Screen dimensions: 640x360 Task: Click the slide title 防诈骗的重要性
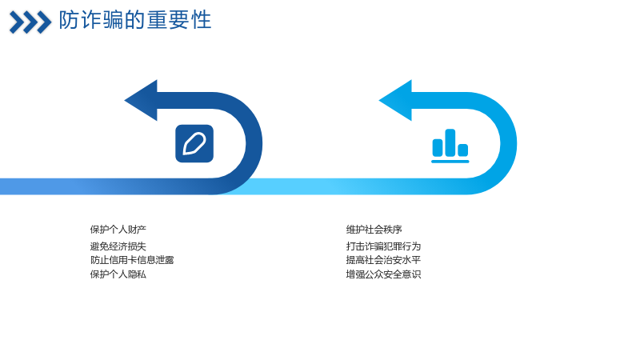pos(135,20)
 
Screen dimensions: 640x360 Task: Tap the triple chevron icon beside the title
pos(30,22)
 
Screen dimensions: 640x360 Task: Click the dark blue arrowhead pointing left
pos(141,101)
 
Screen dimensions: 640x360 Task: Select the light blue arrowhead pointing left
pos(395,101)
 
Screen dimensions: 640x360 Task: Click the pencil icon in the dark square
pos(194,144)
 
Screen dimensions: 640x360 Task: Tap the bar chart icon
pos(450,146)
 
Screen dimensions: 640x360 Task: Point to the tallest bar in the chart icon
pos(450,142)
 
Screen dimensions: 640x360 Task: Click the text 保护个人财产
pos(118,230)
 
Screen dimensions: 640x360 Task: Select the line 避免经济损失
pos(118,246)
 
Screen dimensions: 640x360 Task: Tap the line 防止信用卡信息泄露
pos(132,260)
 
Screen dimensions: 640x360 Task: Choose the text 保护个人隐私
pos(118,274)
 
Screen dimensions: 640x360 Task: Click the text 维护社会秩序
pos(374,230)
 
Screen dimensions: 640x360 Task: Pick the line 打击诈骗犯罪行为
pos(383,246)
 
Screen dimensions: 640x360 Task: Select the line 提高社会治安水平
pos(383,260)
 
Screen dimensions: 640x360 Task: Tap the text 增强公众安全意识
pos(383,274)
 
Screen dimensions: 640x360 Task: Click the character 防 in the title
pos(69,20)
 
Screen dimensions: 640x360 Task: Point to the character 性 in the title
pos(202,20)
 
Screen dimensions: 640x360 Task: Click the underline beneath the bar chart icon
pos(450,162)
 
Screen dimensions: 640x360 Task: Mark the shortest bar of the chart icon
pos(463,150)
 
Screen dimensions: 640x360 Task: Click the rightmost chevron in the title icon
pos(44,22)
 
